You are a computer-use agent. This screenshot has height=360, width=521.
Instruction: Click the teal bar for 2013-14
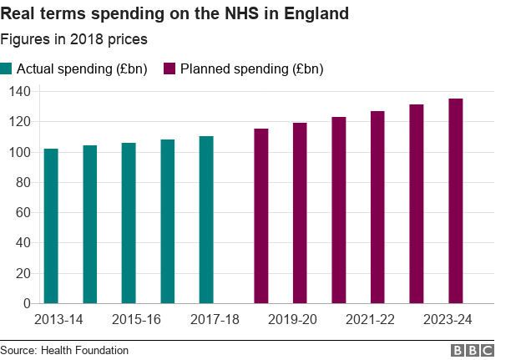(51, 226)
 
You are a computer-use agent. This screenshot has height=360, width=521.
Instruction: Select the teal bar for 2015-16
(129, 223)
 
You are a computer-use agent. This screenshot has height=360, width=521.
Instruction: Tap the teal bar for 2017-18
(206, 220)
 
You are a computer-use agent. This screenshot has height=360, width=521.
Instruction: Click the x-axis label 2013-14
(58, 320)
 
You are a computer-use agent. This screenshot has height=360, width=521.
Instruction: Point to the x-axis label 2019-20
(292, 320)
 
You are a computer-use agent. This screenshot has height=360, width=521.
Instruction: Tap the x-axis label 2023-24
(448, 320)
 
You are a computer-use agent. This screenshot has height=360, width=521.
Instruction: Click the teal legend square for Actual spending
(7, 68)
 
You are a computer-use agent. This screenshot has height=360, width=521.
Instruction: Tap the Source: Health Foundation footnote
(64, 350)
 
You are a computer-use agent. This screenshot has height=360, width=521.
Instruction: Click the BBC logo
(472, 350)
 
